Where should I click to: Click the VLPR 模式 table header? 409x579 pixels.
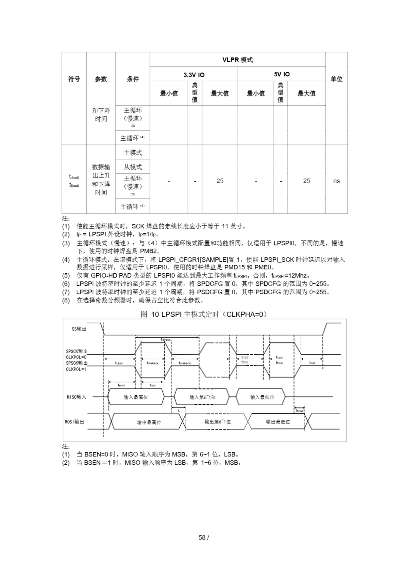coord(237,60)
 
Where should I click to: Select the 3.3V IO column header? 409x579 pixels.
coord(194,75)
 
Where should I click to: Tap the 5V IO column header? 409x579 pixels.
coord(282,74)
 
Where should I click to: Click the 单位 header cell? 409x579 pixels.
coord(336,79)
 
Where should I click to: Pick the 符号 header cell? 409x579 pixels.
coord(74,79)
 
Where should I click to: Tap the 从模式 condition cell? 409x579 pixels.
coord(133,167)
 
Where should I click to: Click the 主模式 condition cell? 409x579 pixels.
coord(133,153)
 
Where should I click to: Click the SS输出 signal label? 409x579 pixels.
coord(79,329)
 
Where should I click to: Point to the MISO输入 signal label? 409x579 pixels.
coord(77,397)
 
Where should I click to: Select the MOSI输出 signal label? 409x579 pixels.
coord(75,422)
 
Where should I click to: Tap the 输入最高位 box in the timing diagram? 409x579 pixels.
coord(136,397)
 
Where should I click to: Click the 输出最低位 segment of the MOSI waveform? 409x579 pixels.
coord(278,422)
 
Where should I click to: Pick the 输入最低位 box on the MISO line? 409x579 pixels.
coord(262,397)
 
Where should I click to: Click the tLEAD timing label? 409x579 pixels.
coord(119,363)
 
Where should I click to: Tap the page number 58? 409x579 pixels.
coord(202,537)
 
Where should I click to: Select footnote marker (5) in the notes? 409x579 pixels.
coord(66,276)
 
